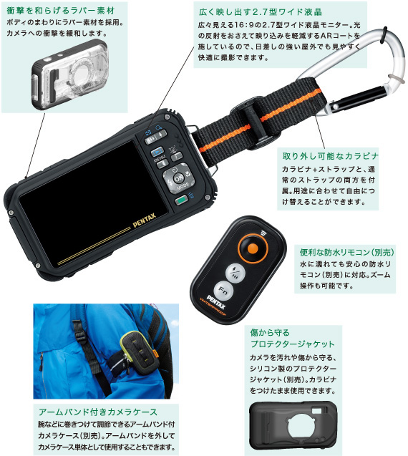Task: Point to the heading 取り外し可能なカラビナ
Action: [330, 155]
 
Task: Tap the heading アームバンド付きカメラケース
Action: [97, 412]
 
